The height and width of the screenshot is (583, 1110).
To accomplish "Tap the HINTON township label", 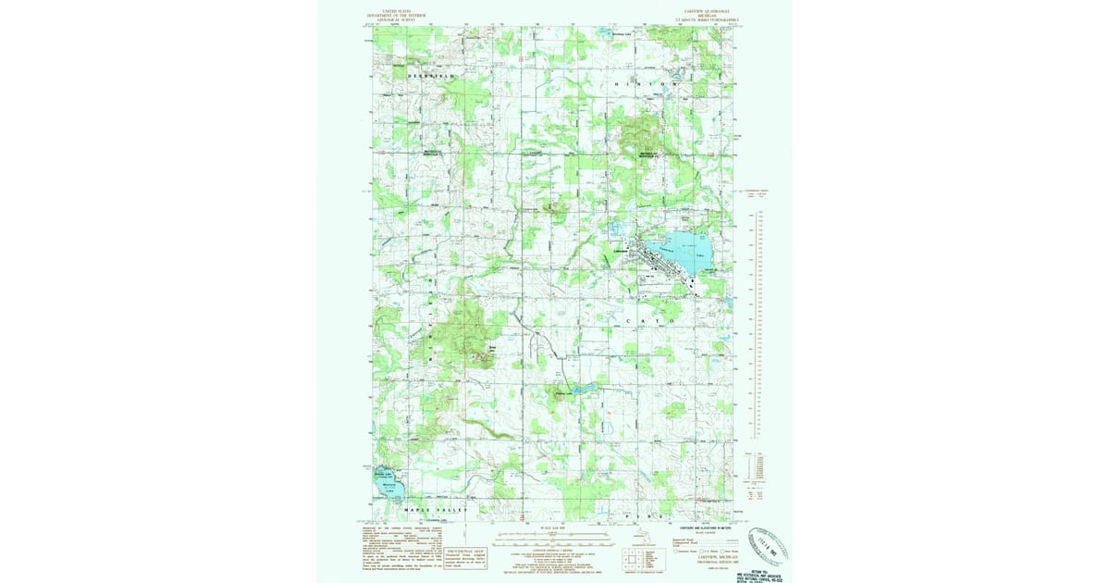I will [x=646, y=84].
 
